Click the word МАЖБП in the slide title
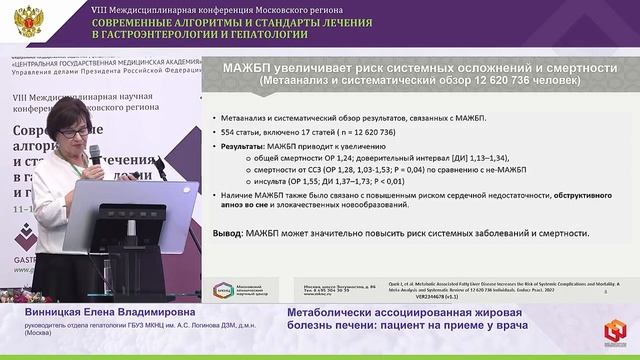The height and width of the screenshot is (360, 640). [256, 68]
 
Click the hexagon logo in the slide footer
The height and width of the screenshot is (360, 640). [222, 291]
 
